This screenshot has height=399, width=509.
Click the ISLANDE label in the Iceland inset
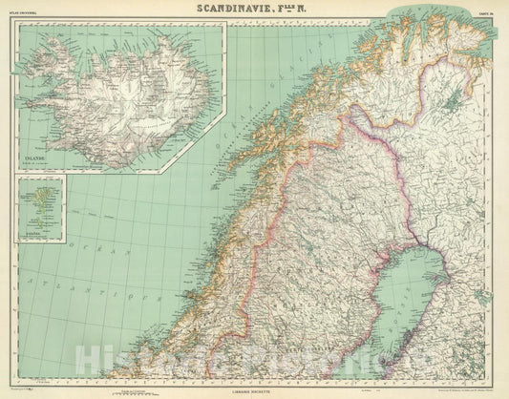34,156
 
